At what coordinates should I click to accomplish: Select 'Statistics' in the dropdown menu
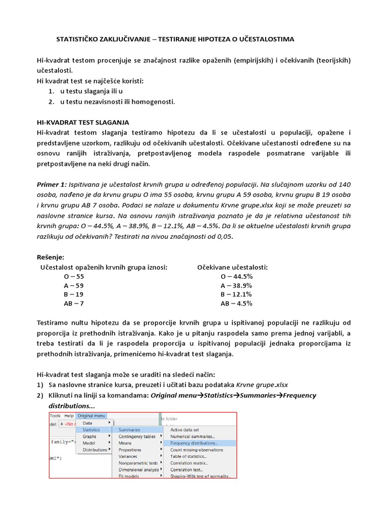coord(91,429)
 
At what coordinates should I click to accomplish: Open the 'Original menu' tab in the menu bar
coord(92,416)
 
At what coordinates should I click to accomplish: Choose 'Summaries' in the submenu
coord(130,429)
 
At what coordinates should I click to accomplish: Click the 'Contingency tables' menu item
coord(137,436)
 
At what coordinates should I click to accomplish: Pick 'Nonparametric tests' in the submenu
coord(138,462)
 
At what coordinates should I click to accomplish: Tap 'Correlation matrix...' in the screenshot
coord(188,462)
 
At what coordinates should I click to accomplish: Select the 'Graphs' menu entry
coord(89,436)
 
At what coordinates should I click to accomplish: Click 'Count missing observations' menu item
coord(197,449)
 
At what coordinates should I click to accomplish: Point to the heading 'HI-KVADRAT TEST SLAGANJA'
coord(83,122)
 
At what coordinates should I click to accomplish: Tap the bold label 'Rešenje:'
coord(51,257)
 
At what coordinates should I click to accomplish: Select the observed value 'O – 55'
coord(74,277)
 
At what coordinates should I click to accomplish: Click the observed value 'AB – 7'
coord(74,304)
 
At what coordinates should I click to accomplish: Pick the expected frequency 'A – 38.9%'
coord(236,285)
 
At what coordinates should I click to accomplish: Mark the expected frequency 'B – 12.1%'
coord(236,294)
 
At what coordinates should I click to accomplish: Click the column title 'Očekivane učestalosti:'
coord(232,267)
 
